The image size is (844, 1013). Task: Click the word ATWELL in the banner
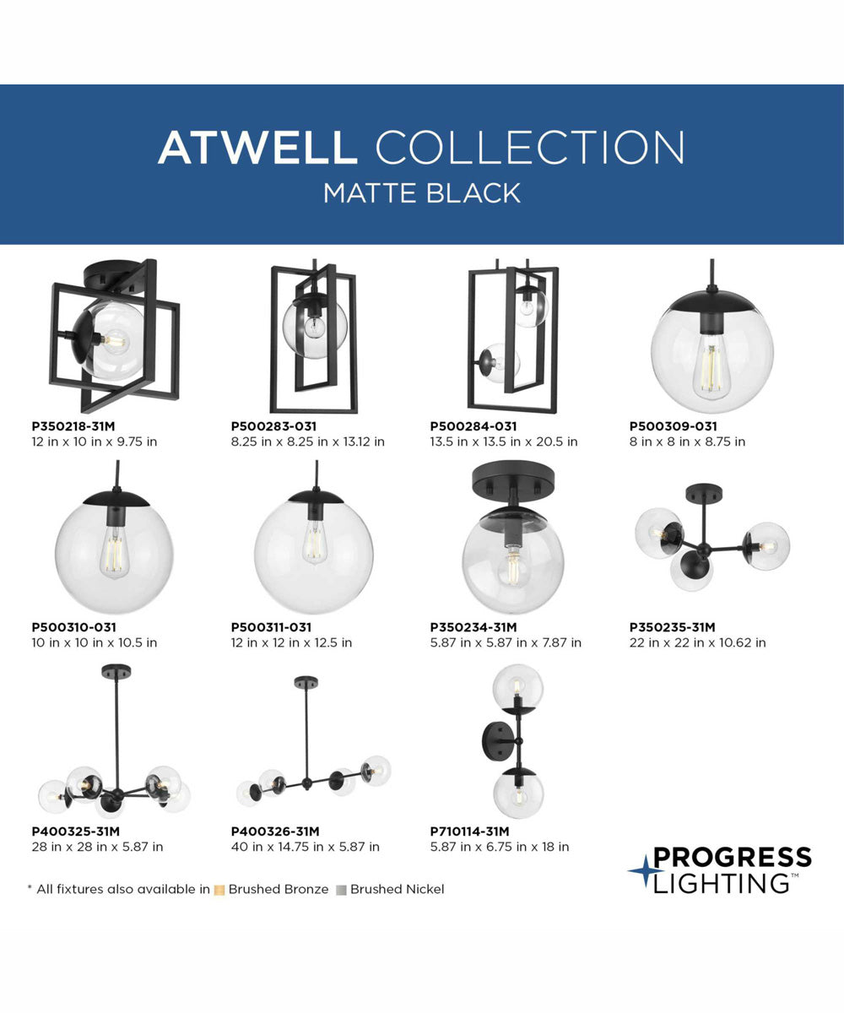click(257, 148)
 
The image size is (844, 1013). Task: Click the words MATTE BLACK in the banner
click(422, 192)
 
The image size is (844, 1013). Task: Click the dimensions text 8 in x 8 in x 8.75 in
click(687, 441)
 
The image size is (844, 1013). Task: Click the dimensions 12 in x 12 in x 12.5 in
click(291, 642)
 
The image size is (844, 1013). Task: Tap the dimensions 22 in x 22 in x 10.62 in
click(697, 642)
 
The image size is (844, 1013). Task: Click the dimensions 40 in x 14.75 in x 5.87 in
click(305, 847)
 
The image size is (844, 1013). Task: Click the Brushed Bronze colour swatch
click(219, 890)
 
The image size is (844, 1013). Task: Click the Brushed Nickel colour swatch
click(341, 890)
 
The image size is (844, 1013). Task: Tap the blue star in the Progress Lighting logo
click(645, 871)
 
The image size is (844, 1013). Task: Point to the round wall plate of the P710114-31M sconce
click(494, 741)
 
